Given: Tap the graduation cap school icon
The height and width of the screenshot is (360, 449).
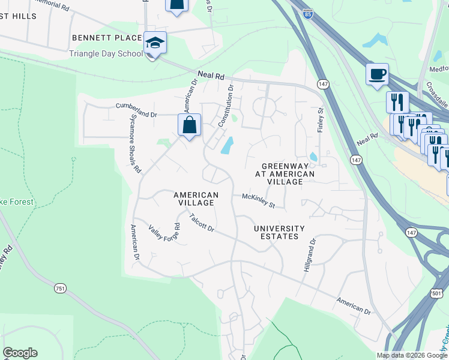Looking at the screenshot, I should pos(155,43).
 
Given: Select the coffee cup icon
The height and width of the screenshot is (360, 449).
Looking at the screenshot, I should pos(377,75).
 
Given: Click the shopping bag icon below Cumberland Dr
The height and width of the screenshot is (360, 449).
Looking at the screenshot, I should pos(189,125).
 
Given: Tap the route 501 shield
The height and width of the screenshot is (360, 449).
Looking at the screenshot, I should pos(436,292).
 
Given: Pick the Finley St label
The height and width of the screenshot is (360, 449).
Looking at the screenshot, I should pos(321,119).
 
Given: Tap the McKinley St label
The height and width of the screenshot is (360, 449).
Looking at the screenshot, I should pos(258,200).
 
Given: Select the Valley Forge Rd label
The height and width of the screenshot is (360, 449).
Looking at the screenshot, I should pos(164,237).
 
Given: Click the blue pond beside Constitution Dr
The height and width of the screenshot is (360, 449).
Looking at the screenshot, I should pos(228,145).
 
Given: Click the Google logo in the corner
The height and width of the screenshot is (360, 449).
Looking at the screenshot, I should pos(20,353).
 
